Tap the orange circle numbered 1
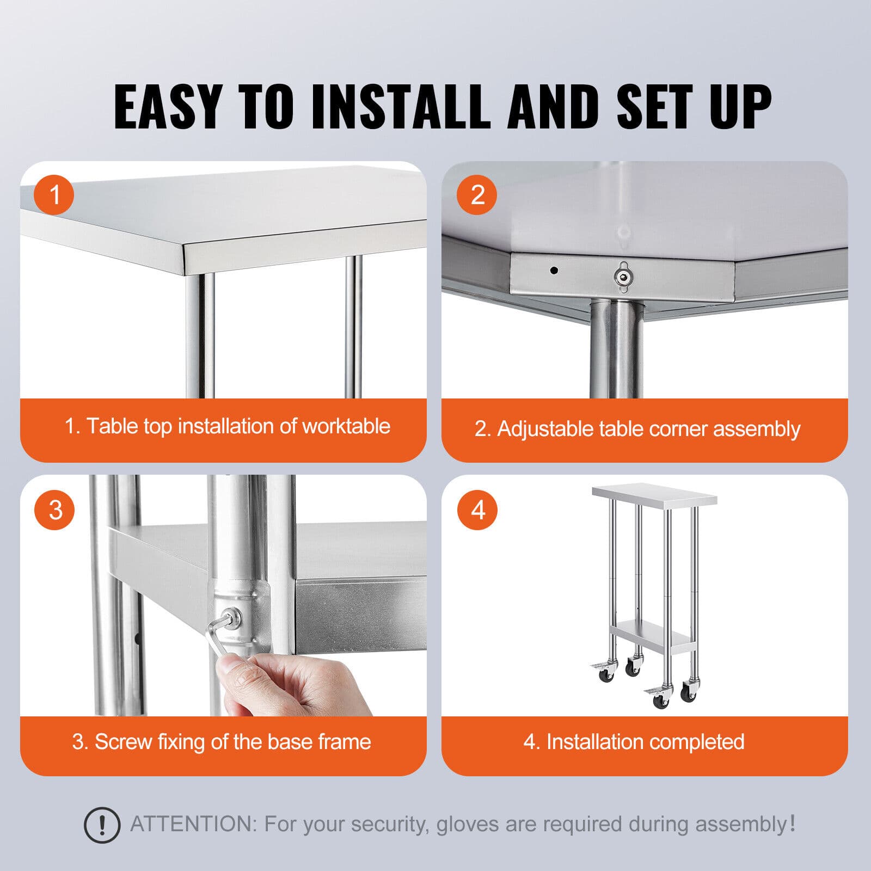coord(54,194)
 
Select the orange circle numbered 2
coord(477,194)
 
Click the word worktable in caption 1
coord(346,426)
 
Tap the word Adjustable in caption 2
coord(545,429)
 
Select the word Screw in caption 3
coord(123,742)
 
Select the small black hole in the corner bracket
coord(554,270)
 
